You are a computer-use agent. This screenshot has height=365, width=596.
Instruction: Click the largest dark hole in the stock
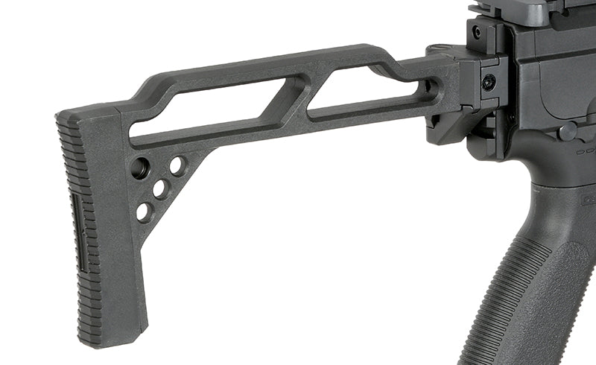click(139, 168)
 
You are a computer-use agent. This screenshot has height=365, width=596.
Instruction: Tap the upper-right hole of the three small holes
click(177, 165)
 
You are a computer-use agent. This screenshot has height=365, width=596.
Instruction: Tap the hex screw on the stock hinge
click(489, 83)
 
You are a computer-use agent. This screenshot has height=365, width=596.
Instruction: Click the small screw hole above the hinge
click(477, 32)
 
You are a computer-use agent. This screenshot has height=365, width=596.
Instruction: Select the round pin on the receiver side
click(568, 133)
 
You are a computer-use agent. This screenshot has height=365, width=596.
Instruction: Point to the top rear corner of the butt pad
click(63, 115)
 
